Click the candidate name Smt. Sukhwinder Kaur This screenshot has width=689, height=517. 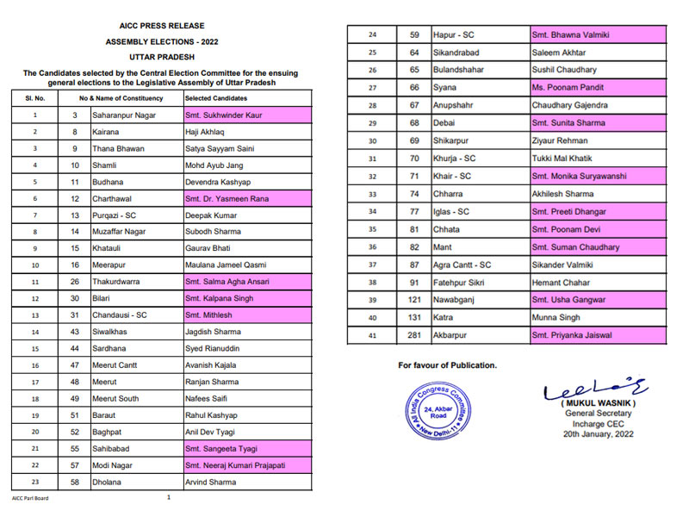[223, 115]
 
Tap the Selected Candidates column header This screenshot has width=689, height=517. [212, 99]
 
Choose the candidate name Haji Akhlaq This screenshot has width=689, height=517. [208, 132]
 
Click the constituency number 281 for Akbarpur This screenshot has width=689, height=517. [414, 335]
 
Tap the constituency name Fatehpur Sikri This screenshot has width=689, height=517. [461, 282]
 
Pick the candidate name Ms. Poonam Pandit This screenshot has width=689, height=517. [568, 87]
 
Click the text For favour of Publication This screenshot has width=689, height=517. [447, 365]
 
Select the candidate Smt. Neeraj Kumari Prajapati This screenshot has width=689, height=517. [235, 465]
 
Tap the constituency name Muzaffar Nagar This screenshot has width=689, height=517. [121, 232]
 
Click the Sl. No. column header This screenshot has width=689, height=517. [34, 99]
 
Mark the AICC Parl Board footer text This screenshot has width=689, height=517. [31, 498]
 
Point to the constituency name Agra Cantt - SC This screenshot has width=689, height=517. [462, 265]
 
